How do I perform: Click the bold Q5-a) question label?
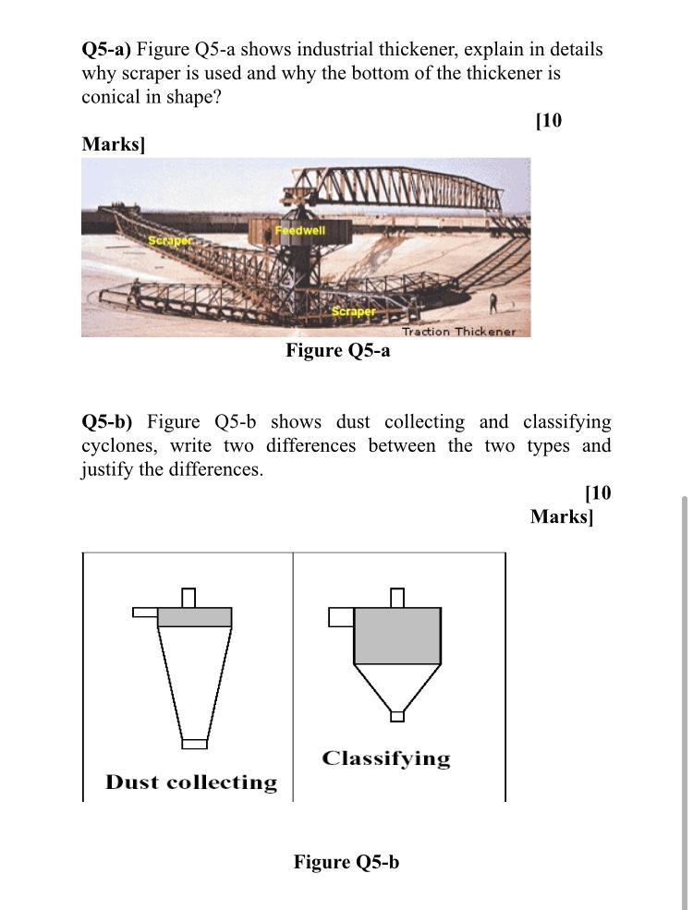point(107,49)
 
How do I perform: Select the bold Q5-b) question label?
point(107,422)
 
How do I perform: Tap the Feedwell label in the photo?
point(300,229)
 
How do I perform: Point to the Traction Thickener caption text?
point(458,331)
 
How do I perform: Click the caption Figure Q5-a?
point(337,350)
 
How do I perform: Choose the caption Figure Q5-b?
point(346,862)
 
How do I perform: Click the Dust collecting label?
point(191,783)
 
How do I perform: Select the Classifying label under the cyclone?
point(386,759)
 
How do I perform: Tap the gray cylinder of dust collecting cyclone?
point(194,616)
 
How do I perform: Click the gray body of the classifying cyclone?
point(397,636)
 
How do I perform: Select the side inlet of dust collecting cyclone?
point(145,612)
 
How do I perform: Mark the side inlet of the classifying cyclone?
point(341,616)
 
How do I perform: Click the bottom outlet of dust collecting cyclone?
point(194,743)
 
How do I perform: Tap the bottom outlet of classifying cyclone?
point(397,716)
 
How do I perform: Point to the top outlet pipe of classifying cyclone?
point(397,599)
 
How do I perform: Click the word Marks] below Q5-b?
point(561,516)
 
